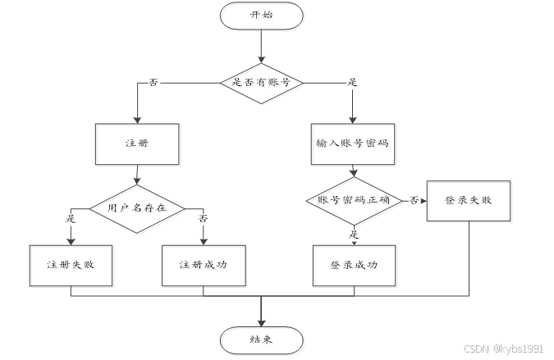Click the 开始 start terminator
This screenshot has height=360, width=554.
point(262,16)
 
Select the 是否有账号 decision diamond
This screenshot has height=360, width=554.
point(262,83)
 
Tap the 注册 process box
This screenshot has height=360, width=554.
point(137,144)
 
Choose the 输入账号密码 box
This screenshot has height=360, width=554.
point(352,144)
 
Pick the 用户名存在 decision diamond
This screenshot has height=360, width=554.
point(137,207)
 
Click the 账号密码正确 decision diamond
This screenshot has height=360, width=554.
point(353,200)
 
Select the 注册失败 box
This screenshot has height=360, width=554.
point(71,265)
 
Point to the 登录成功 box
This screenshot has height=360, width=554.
point(354,265)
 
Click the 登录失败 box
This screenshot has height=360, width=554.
point(468,201)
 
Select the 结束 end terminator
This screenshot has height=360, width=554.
point(262,339)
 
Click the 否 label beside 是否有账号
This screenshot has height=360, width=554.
point(153,83)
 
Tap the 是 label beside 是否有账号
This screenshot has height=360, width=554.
point(353,83)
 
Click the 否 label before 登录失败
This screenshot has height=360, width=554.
point(414,200)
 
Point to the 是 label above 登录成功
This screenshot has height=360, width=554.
point(355,234)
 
